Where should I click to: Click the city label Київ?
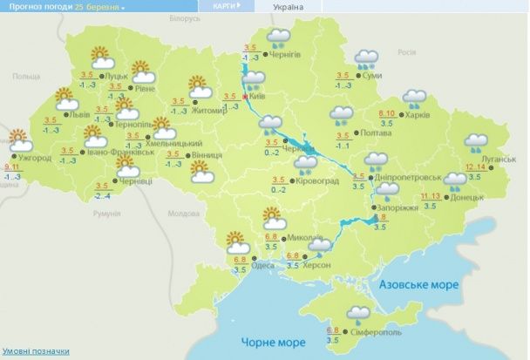[x=257, y=97]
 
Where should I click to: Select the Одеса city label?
[x=263, y=266]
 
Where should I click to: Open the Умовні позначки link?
[x=35, y=350]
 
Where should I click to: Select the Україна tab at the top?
[x=289, y=6]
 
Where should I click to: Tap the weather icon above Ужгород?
[x=17, y=138]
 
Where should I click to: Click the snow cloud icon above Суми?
[x=366, y=59]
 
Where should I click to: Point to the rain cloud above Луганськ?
[x=477, y=141]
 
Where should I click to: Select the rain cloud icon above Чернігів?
[x=279, y=37]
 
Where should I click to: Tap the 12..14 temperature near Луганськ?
[x=475, y=166]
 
